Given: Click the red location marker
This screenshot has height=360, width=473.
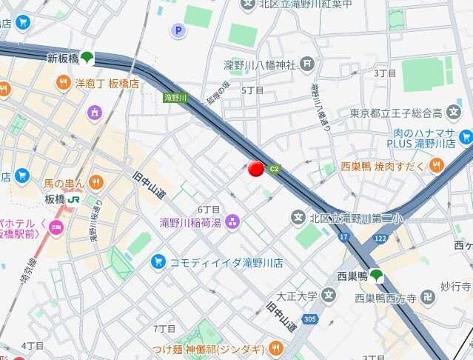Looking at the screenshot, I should coord(256,169).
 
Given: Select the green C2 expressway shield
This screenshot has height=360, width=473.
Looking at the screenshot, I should coord(275,168).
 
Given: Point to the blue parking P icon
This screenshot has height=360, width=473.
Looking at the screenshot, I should coord(178,30).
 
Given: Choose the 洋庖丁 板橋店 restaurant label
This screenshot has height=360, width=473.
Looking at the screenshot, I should coord(107,83).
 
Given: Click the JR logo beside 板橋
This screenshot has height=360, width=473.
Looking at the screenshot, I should coord(74,199).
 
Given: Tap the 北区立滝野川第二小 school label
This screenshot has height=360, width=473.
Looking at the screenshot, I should coord(348,218).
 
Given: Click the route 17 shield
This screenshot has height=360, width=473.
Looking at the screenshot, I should coord(343,237).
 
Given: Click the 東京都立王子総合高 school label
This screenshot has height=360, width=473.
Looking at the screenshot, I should coord(406,113).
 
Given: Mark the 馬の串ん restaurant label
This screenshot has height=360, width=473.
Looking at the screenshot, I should coord(64,181).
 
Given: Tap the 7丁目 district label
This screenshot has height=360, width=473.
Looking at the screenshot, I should coord(164,328).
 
